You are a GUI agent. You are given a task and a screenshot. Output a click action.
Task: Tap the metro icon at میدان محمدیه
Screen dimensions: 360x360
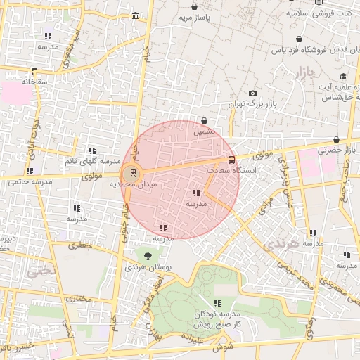pos(131,172)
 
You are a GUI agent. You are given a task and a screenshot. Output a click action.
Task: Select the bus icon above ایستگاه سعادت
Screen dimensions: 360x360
pos(232,160)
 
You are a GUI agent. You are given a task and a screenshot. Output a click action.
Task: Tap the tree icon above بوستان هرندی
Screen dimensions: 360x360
pos(148,256)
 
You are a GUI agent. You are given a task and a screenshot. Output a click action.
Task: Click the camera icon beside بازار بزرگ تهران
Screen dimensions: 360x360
pos(252,94)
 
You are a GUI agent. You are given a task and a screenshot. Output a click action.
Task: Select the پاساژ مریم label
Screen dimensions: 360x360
pos(194,16)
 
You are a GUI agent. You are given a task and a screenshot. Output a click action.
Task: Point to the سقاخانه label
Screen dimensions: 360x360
pos(33,82)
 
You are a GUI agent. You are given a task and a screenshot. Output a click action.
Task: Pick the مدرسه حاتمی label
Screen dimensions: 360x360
pos(31,181)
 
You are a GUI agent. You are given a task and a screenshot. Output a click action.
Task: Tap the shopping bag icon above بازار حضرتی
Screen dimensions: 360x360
pos(337,139)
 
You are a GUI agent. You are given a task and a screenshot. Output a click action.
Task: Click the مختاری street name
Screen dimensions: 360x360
pos(79,300)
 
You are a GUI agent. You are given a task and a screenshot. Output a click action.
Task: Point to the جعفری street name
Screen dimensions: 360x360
pos(79,246)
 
